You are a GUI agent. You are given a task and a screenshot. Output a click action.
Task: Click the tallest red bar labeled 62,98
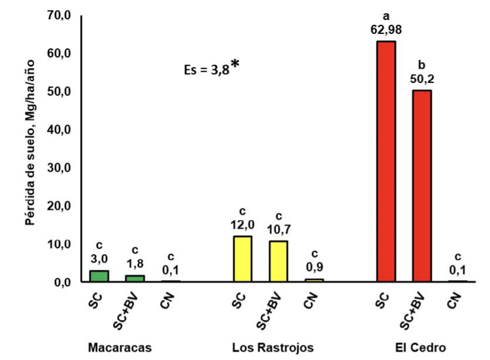386,161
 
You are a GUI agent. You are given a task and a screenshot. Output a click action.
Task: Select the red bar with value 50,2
421,186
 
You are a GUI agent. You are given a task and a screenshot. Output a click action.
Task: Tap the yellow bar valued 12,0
242,259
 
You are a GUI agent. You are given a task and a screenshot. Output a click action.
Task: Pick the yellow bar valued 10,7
278,261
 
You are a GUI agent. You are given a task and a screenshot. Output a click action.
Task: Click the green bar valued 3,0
99,276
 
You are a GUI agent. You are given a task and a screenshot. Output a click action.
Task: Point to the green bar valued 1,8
135,278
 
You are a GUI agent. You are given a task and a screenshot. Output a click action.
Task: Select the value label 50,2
421,80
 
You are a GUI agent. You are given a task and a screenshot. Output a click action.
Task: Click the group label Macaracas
120,348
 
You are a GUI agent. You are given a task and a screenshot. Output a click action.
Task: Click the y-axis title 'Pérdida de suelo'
30,150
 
